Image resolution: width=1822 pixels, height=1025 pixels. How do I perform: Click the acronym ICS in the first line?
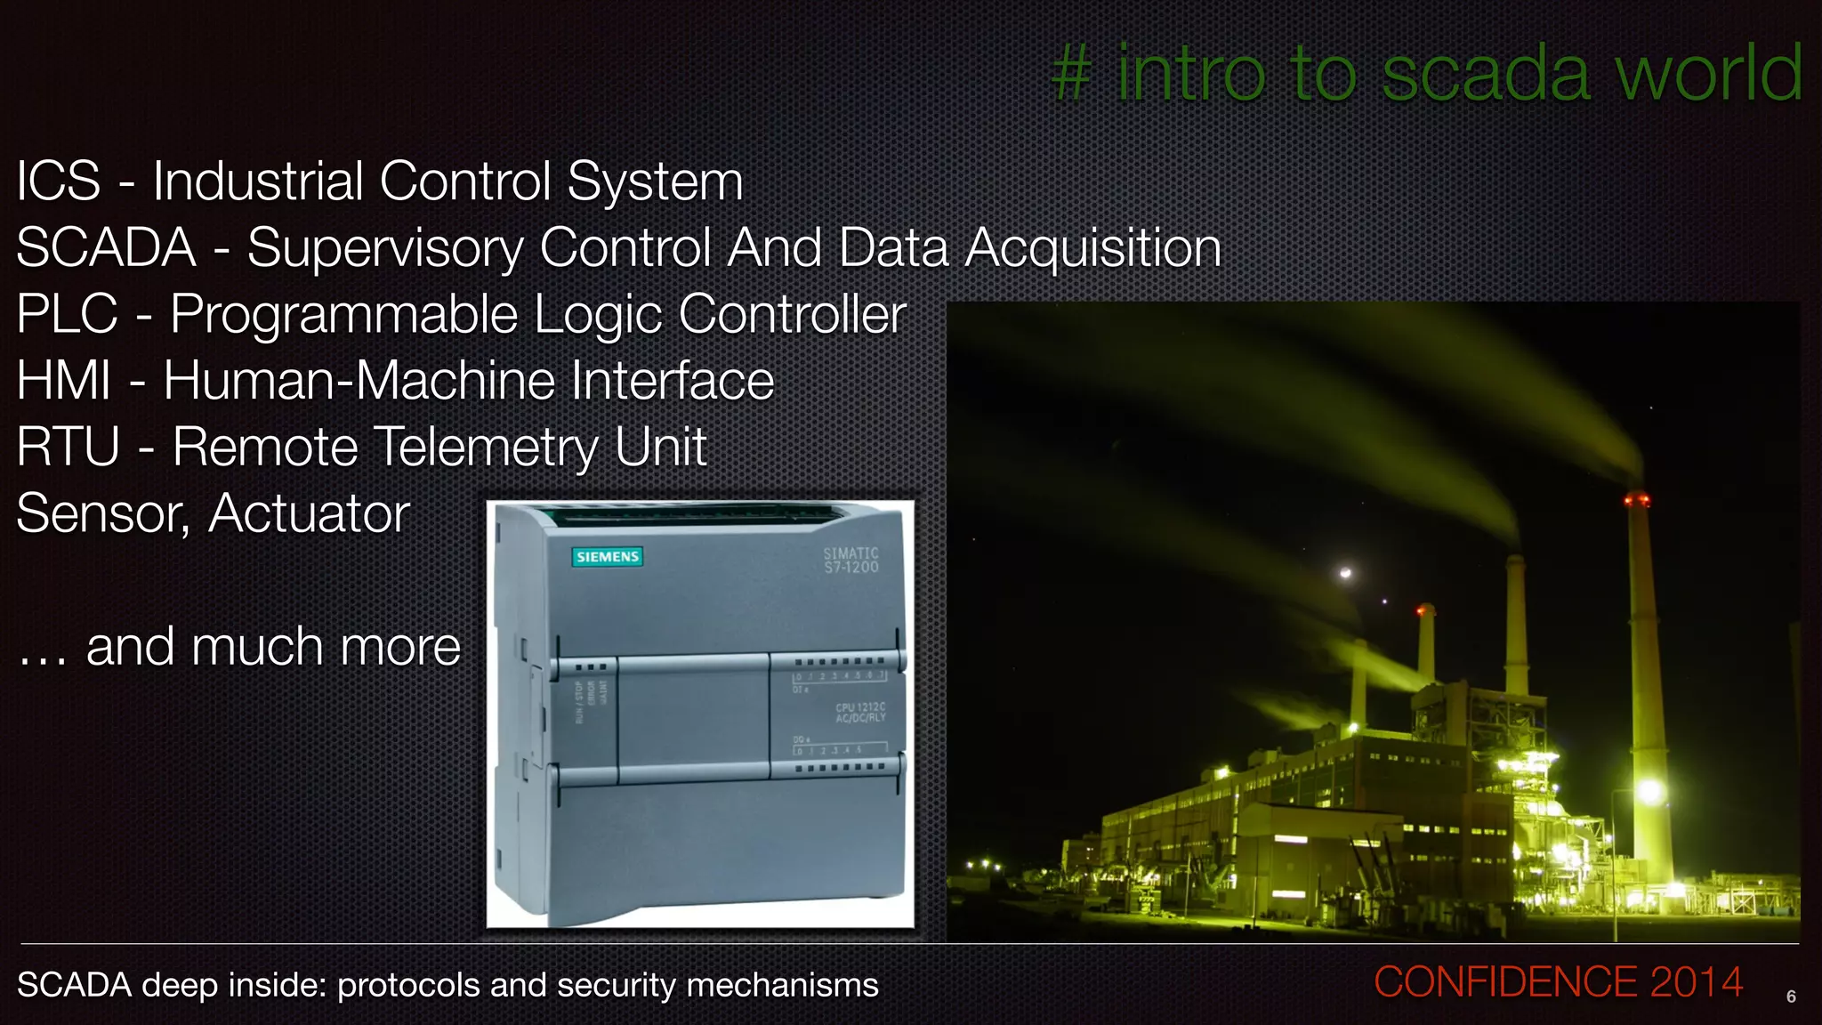tap(59, 182)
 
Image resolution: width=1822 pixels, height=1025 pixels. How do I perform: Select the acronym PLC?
tap(68, 314)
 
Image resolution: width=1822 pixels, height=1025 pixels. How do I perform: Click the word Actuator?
tap(310, 513)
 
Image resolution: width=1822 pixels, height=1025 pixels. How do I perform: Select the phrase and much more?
tap(272, 647)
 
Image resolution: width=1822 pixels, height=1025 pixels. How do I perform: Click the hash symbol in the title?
tap(1071, 75)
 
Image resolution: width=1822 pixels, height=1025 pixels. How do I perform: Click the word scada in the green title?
tap(1484, 75)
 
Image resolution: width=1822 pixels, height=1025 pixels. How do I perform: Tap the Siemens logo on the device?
tap(608, 557)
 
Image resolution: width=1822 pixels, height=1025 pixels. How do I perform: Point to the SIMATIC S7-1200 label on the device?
tap(851, 560)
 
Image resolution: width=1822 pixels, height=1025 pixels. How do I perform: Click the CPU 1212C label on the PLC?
tap(860, 712)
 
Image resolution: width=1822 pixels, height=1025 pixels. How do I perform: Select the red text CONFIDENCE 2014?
tap(1558, 982)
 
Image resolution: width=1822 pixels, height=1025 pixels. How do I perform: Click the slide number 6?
tap(1791, 997)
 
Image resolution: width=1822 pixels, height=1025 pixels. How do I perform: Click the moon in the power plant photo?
tap(1346, 573)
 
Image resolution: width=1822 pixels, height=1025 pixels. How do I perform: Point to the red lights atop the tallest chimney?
tap(1637, 500)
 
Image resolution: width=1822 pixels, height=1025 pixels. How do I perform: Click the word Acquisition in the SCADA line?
tap(1092, 248)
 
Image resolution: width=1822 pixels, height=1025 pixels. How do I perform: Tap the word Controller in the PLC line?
tap(792, 314)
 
